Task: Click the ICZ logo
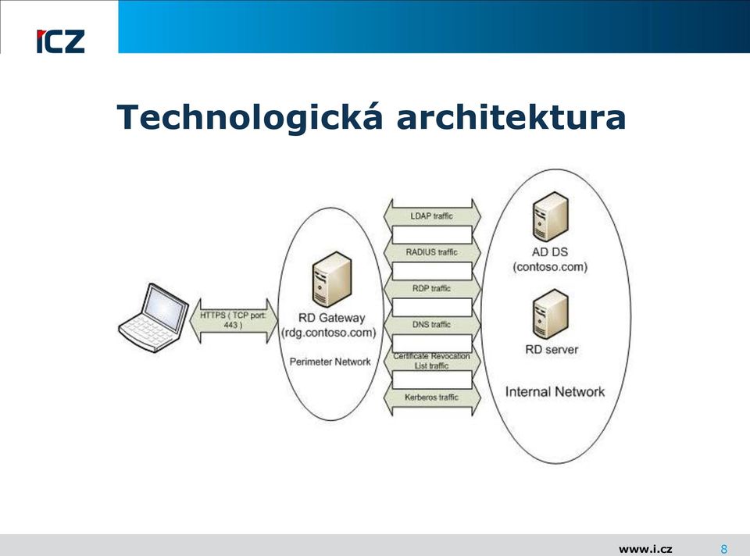pyautogui.click(x=60, y=41)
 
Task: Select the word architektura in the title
pyautogui.click(x=511, y=117)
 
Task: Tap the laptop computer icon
pyautogui.click(x=154, y=318)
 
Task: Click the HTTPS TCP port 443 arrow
pyautogui.click(x=234, y=321)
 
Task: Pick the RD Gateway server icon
pyautogui.click(x=331, y=280)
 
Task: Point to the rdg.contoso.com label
pyautogui.click(x=329, y=333)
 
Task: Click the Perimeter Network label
pyautogui.click(x=330, y=362)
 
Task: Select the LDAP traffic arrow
pyautogui.click(x=432, y=216)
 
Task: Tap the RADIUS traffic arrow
pyautogui.click(x=432, y=252)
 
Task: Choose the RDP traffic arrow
pyautogui.click(x=432, y=289)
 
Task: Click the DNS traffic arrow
pyautogui.click(x=432, y=325)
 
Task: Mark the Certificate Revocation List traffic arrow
pyautogui.click(x=432, y=361)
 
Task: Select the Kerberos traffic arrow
pyautogui.click(x=432, y=397)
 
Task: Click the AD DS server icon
pyautogui.click(x=551, y=216)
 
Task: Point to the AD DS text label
pyautogui.click(x=550, y=252)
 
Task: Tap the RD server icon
pyautogui.click(x=551, y=314)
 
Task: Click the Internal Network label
pyautogui.click(x=555, y=392)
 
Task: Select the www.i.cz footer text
pyautogui.click(x=645, y=549)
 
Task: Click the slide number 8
pyautogui.click(x=724, y=549)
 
